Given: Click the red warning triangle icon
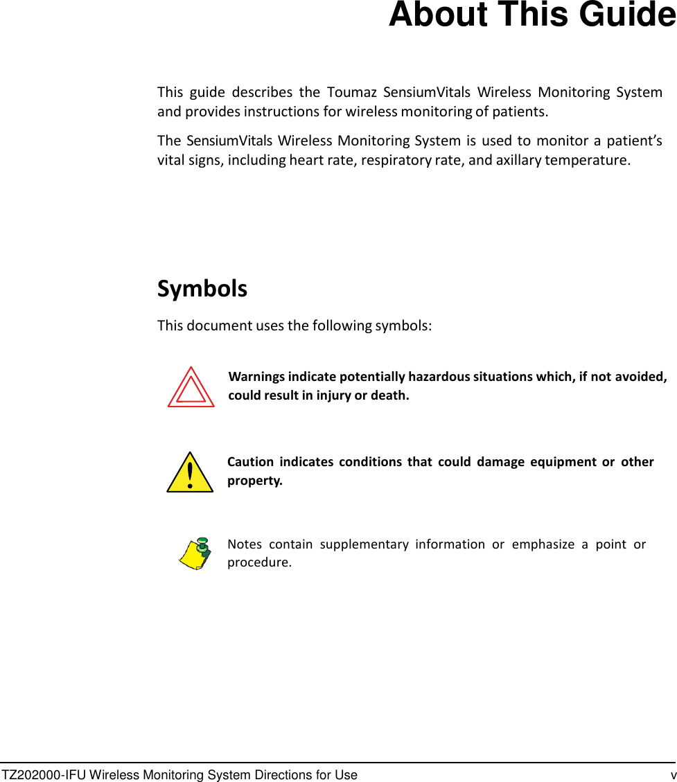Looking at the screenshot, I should [191, 388].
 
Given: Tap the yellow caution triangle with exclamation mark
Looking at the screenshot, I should [190, 473].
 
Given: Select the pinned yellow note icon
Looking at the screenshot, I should [195, 553].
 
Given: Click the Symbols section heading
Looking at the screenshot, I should [202, 288].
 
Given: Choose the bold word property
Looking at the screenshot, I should [254, 481].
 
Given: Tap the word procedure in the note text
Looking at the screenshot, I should [258, 562].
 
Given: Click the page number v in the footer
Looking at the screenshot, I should [672, 775].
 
